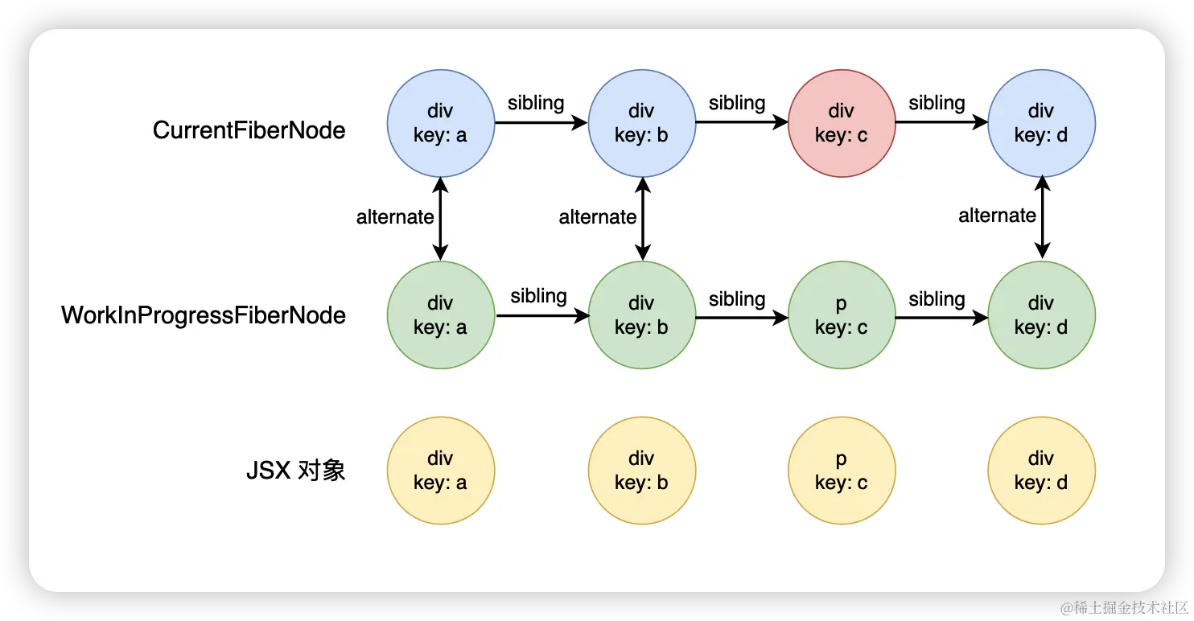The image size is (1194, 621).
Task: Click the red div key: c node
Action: coord(842,123)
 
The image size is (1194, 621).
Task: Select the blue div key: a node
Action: coord(440,123)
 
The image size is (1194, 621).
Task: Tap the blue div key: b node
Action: coord(641,123)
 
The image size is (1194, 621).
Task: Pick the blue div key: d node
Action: coord(1041,123)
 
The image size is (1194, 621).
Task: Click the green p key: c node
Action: coord(842,315)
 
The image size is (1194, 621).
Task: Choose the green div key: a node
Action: coord(440,315)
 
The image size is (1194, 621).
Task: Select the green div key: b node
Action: coord(641,315)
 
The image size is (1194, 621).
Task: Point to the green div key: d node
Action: coord(1041,315)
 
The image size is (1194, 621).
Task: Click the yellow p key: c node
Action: coord(842,471)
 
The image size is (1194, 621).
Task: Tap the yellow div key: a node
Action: coord(440,471)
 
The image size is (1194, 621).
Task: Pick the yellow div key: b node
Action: coord(641,471)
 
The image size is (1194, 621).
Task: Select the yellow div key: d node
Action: coord(1041,471)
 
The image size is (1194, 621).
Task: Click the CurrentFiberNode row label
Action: coord(249,130)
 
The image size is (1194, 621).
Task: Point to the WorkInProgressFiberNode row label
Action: coord(204,315)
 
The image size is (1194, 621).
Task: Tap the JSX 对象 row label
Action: coord(295,471)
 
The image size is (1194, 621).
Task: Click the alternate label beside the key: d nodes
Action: coord(997,216)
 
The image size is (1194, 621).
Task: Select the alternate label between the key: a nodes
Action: coord(395,217)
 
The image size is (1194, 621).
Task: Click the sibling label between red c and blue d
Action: coord(937,104)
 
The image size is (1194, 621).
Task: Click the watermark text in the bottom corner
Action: coord(1122,606)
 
